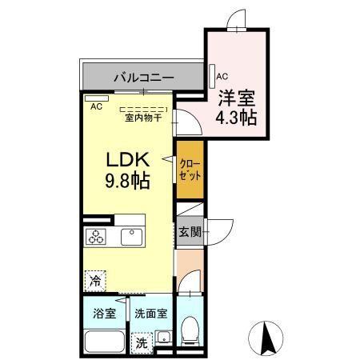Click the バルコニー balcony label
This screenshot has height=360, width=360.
pyautogui.click(x=143, y=78)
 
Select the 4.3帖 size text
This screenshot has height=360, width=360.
pyautogui.click(x=237, y=118)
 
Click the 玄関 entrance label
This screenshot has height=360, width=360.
pyautogui.click(x=188, y=232)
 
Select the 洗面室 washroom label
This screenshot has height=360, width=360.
pyautogui.click(x=150, y=312)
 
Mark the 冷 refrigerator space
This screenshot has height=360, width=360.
pyautogui.click(x=95, y=281)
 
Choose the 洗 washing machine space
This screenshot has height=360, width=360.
pyautogui.click(x=141, y=342)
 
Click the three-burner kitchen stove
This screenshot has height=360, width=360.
pyautogui.click(x=98, y=237)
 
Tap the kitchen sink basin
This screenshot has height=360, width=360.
pyautogui.click(x=130, y=237)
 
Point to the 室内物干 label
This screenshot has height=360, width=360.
pyautogui.click(x=143, y=118)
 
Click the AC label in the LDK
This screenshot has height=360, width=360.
pyautogui.click(x=96, y=106)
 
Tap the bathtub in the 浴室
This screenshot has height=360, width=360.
pyautogui.click(x=103, y=339)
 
